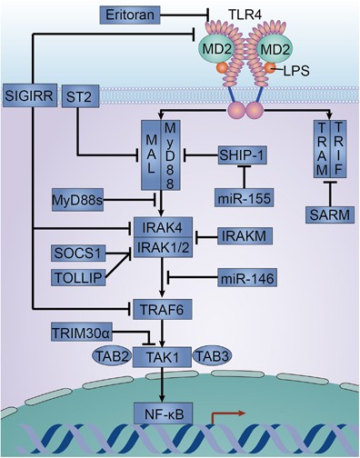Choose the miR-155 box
pos(241,197)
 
